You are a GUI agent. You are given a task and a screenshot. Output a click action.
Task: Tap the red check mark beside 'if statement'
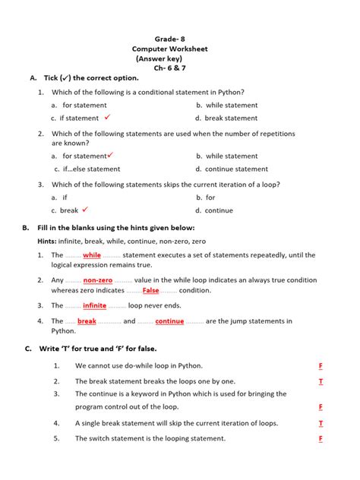click(108, 117)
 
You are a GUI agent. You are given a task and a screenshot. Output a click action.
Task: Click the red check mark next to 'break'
click(85, 210)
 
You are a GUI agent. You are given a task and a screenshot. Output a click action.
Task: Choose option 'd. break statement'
click(226, 118)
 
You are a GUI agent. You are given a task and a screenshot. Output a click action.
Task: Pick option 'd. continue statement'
click(231, 169)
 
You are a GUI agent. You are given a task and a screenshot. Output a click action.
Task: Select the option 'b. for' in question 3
click(205, 197)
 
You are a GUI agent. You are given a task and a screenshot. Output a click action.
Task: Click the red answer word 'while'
click(92, 255)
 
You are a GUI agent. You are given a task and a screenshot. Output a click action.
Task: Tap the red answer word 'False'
click(150, 291)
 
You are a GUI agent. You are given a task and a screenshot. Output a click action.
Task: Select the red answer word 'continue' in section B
click(169, 321)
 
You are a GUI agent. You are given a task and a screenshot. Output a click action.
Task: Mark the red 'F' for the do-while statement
click(321, 366)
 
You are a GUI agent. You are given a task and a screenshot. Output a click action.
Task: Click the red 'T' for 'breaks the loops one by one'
click(321, 381)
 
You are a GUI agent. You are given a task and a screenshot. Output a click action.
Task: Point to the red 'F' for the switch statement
click(321, 439)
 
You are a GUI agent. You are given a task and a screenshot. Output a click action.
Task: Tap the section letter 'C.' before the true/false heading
click(28, 349)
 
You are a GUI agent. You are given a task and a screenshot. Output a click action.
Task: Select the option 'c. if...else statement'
click(87, 169)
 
